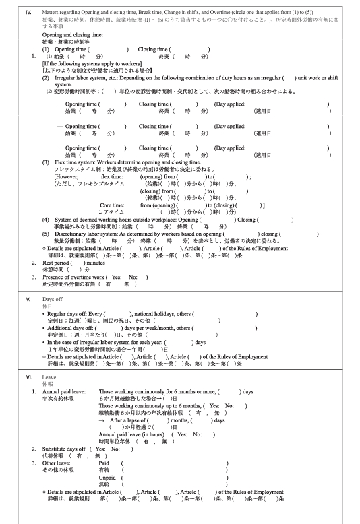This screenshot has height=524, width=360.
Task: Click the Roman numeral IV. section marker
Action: tap(28, 11)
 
